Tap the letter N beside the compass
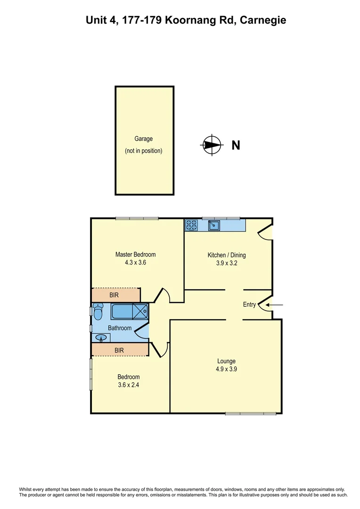pos(236,145)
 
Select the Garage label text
pos(144,139)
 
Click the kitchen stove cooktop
pos(191,225)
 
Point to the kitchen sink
pos(215,225)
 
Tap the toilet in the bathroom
pos(98,312)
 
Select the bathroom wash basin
pos(101,337)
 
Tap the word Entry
pos(249,304)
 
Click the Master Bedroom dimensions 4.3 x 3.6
pos(135,263)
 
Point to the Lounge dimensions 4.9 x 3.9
pos(226,369)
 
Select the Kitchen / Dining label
pos(227,255)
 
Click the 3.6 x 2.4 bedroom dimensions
pos(128,385)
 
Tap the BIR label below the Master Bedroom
pos(114,296)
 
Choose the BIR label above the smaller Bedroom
pos(119,350)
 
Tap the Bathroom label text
pos(120,328)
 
